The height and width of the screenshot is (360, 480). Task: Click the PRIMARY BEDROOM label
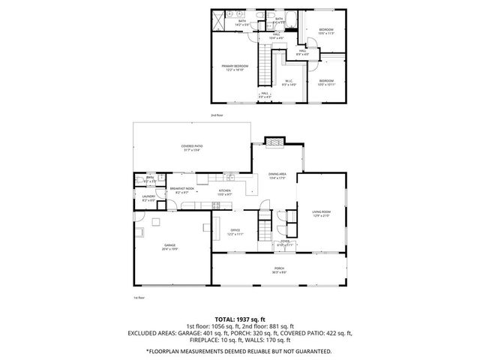[x=235, y=67]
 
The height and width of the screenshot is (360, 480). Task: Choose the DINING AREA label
[x=278, y=175]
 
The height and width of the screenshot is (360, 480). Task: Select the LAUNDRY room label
[x=148, y=198]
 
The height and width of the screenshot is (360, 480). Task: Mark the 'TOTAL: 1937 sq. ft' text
[x=240, y=319]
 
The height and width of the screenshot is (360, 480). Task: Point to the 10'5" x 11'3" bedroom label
[x=325, y=31]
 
